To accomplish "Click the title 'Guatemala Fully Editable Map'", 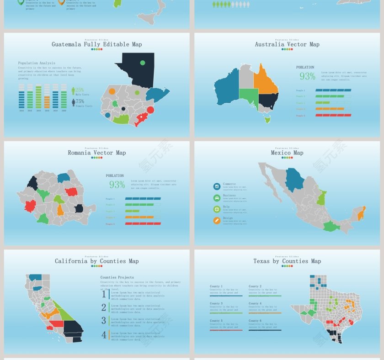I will pyautogui.click(x=96, y=44).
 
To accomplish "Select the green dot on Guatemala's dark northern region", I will pyautogui.click(x=143, y=63).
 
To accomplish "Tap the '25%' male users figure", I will pyautogui.click(x=80, y=90).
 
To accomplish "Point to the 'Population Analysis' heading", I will pyautogui.click(x=37, y=63).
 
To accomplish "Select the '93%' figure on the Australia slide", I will pyautogui.click(x=307, y=77).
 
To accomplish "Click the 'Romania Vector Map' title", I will pyautogui.click(x=96, y=153).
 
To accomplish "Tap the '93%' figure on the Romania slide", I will pyautogui.click(x=117, y=185).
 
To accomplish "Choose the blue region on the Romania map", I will pyautogui.click(x=64, y=177).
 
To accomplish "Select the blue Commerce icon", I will pyautogui.click(x=217, y=186).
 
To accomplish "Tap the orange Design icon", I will pyautogui.click(x=217, y=221).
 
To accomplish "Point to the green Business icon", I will pyautogui.click(x=217, y=198).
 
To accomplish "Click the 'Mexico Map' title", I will pyautogui.click(x=287, y=153).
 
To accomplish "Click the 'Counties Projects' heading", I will pyautogui.click(x=117, y=277).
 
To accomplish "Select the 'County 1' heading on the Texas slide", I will pyautogui.click(x=216, y=286).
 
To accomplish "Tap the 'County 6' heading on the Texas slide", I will pyautogui.click(x=255, y=321).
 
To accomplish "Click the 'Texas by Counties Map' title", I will pyautogui.click(x=287, y=261).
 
